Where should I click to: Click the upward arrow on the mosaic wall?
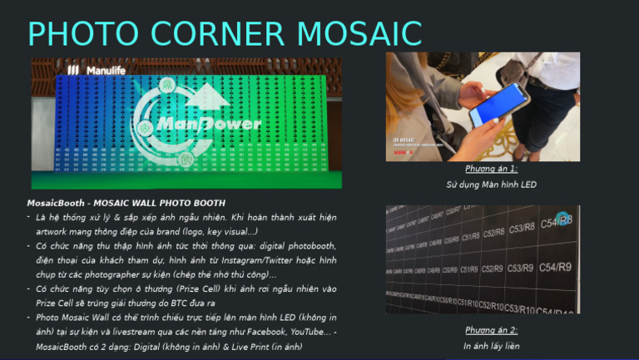click(212, 99)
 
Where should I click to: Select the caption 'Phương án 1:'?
click(491, 169)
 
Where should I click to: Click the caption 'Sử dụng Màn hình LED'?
click(491, 184)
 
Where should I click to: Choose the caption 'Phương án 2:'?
click(491, 330)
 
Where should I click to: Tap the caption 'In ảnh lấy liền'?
click(491, 345)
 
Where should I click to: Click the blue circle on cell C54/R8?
click(563, 219)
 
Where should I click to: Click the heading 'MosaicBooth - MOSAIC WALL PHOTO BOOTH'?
click(126, 203)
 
